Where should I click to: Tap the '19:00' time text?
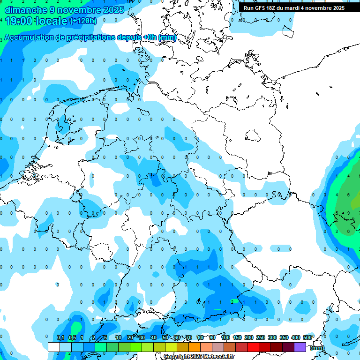[19, 21]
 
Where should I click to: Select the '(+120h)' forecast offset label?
[83, 21]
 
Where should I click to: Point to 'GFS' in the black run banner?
[262, 8]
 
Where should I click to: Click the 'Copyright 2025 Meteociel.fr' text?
[199, 357]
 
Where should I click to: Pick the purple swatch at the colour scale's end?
[300, 347]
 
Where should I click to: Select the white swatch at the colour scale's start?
[54, 347]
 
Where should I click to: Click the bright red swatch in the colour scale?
[253, 347]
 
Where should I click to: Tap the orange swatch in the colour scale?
[195, 347]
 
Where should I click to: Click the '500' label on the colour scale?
[307, 338]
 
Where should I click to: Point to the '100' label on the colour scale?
[225, 338]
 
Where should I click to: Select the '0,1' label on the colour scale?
[60, 338]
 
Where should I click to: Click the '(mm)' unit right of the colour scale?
[317, 348]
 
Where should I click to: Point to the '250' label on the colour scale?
[260, 338]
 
